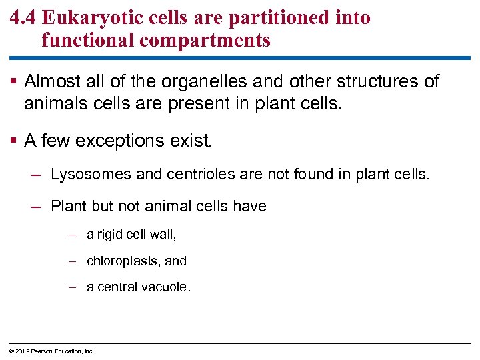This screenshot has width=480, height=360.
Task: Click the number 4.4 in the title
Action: [x=24, y=17]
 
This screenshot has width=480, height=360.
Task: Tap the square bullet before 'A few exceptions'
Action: [x=14, y=141]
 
